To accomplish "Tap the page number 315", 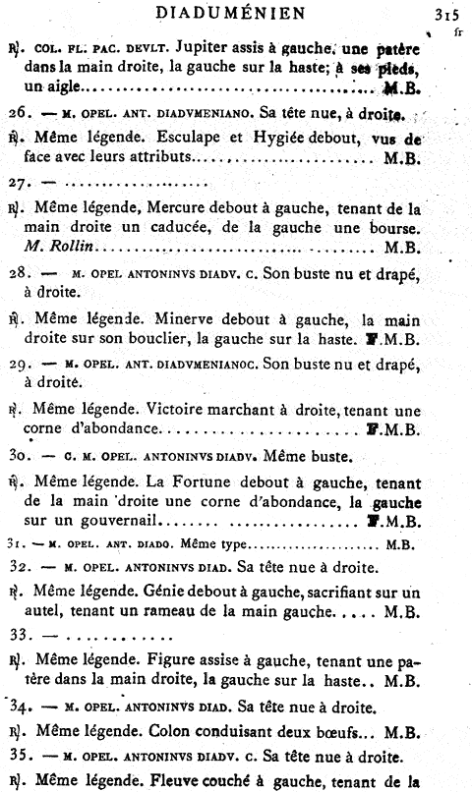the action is coord(445,14).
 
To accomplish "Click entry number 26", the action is coord(19,112).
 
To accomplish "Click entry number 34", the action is coord(20,707).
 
